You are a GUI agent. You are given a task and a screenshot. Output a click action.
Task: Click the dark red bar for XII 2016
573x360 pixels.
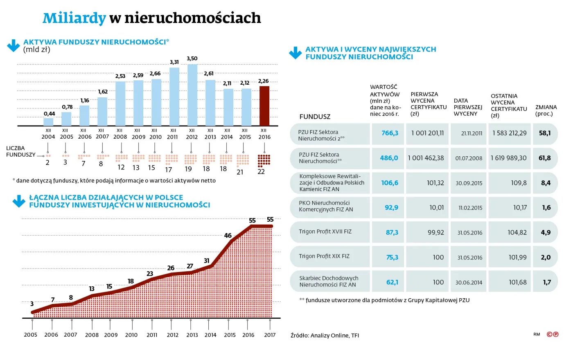click(x=264, y=106)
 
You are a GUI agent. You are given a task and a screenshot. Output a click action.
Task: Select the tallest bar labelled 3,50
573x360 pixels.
click(x=192, y=95)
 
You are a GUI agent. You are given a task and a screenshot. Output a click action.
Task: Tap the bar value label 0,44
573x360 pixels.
click(x=49, y=114)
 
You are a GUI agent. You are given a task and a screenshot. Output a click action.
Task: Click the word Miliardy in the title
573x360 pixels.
click(x=74, y=18)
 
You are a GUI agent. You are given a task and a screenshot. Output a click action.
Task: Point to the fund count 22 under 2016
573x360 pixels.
click(x=261, y=172)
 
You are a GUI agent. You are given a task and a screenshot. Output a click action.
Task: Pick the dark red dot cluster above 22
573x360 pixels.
click(x=264, y=160)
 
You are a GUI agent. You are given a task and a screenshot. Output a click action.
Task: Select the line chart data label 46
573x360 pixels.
click(x=228, y=236)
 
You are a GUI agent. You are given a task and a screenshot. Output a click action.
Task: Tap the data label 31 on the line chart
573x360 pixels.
click(x=207, y=261)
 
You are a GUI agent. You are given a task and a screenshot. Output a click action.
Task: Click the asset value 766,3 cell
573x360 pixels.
click(x=390, y=133)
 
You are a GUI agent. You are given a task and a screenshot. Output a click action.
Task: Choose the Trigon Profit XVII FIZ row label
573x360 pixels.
click(x=325, y=232)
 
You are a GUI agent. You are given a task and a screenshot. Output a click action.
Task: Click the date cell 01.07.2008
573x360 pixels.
click(x=469, y=158)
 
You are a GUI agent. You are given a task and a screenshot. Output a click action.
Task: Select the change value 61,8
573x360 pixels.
click(x=544, y=158)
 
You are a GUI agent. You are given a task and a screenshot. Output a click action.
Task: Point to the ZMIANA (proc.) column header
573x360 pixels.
click(x=546, y=110)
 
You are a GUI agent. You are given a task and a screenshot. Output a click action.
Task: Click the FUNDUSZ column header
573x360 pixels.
click(x=315, y=117)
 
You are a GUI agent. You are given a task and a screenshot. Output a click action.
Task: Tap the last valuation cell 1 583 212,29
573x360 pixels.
click(x=509, y=133)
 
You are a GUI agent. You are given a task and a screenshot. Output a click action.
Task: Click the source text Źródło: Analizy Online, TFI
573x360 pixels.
click(x=325, y=335)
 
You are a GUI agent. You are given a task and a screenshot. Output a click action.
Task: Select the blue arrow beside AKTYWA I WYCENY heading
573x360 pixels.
click(x=295, y=53)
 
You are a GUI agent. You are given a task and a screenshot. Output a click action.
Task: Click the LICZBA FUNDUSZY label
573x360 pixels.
click(x=20, y=151)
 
